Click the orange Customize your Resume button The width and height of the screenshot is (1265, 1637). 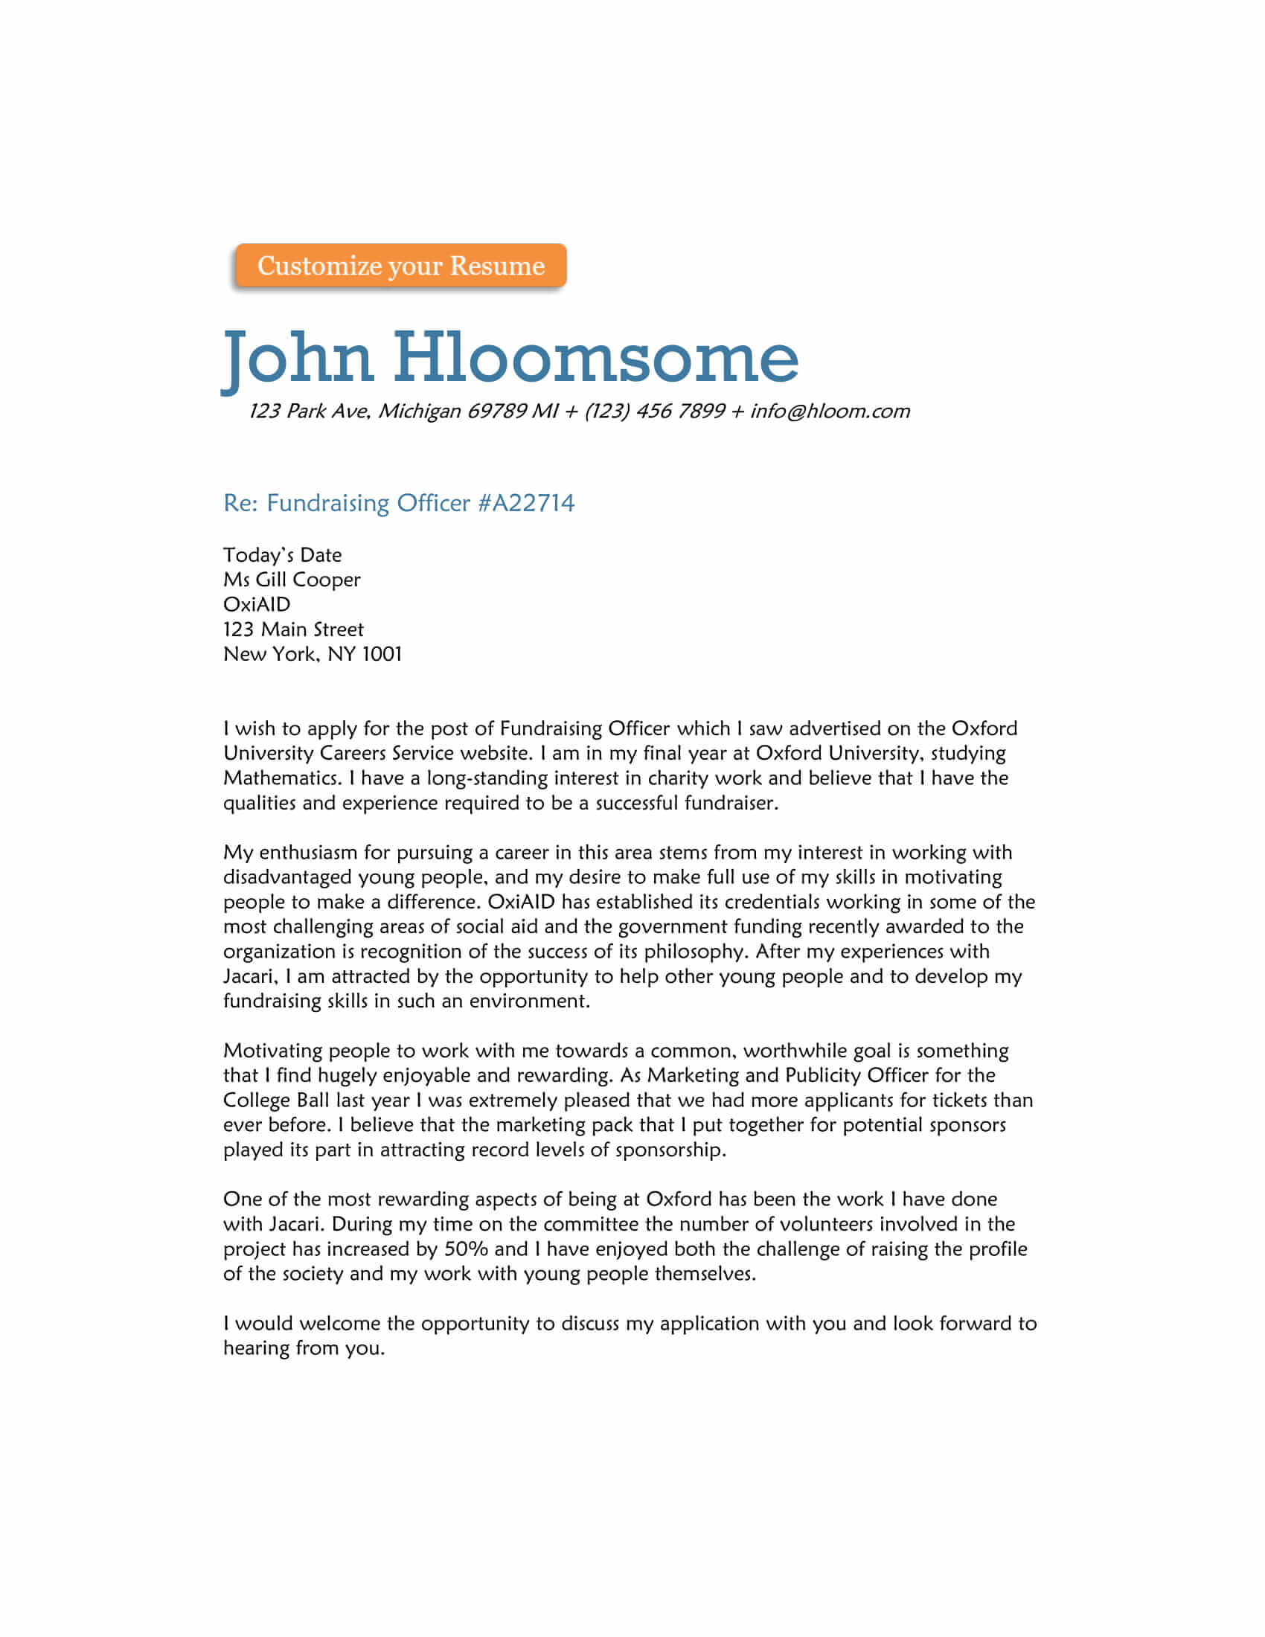pyautogui.click(x=400, y=266)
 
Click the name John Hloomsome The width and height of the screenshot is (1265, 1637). pyautogui.click(x=511, y=359)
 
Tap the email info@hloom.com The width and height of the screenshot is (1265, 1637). pyautogui.click(x=830, y=411)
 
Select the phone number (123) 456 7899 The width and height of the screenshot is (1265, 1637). pyautogui.click(x=654, y=411)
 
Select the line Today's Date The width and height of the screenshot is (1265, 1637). pyautogui.click(x=283, y=555)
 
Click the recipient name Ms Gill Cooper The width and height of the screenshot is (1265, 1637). pyautogui.click(x=292, y=580)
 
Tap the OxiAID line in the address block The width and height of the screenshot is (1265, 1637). pyautogui.click(x=256, y=605)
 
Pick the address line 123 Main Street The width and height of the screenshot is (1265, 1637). pyautogui.click(x=293, y=630)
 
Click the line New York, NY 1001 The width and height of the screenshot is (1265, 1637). pyautogui.click(x=313, y=654)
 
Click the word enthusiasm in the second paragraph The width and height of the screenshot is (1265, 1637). pyautogui.click(x=308, y=853)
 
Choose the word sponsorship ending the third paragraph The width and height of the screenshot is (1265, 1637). pyautogui.click(x=669, y=1150)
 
